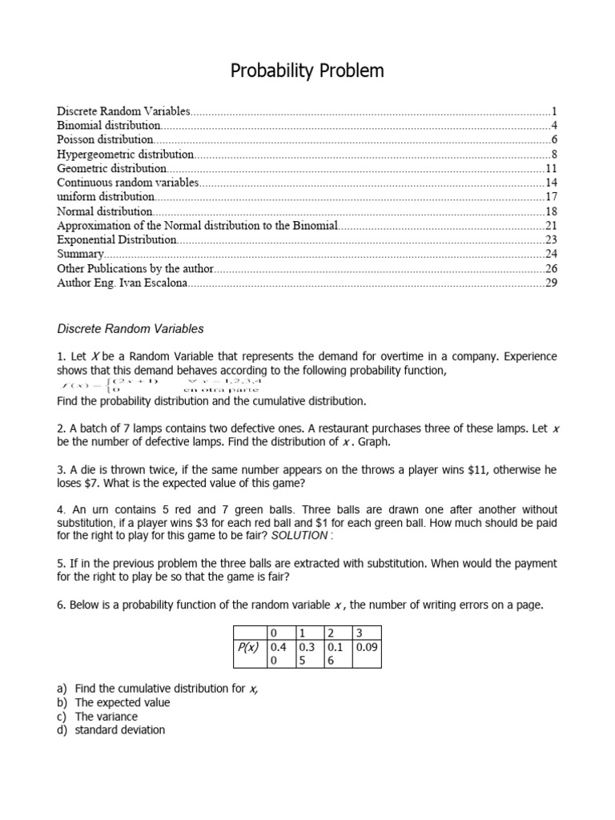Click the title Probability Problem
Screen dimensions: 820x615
pyautogui.click(x=307, y=71)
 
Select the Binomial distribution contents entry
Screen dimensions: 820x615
pyautogui.click(x=109, y=125)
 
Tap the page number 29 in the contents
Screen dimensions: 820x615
pyautogui.click(x=550, y=283)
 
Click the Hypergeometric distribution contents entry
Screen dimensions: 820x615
pyautogui.click(x=126, y=154)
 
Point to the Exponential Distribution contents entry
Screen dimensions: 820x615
pyautogui.click(x=117, y=239)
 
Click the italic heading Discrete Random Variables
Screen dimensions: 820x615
pyautogui.click(x=131, y=328)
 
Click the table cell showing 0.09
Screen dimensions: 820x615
pyautogui.click(x=366, y=646)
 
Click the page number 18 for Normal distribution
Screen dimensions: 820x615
pyautogui.click(x=550, y=211)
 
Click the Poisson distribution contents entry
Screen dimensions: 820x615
pyautogui.click(x=105, y=139)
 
